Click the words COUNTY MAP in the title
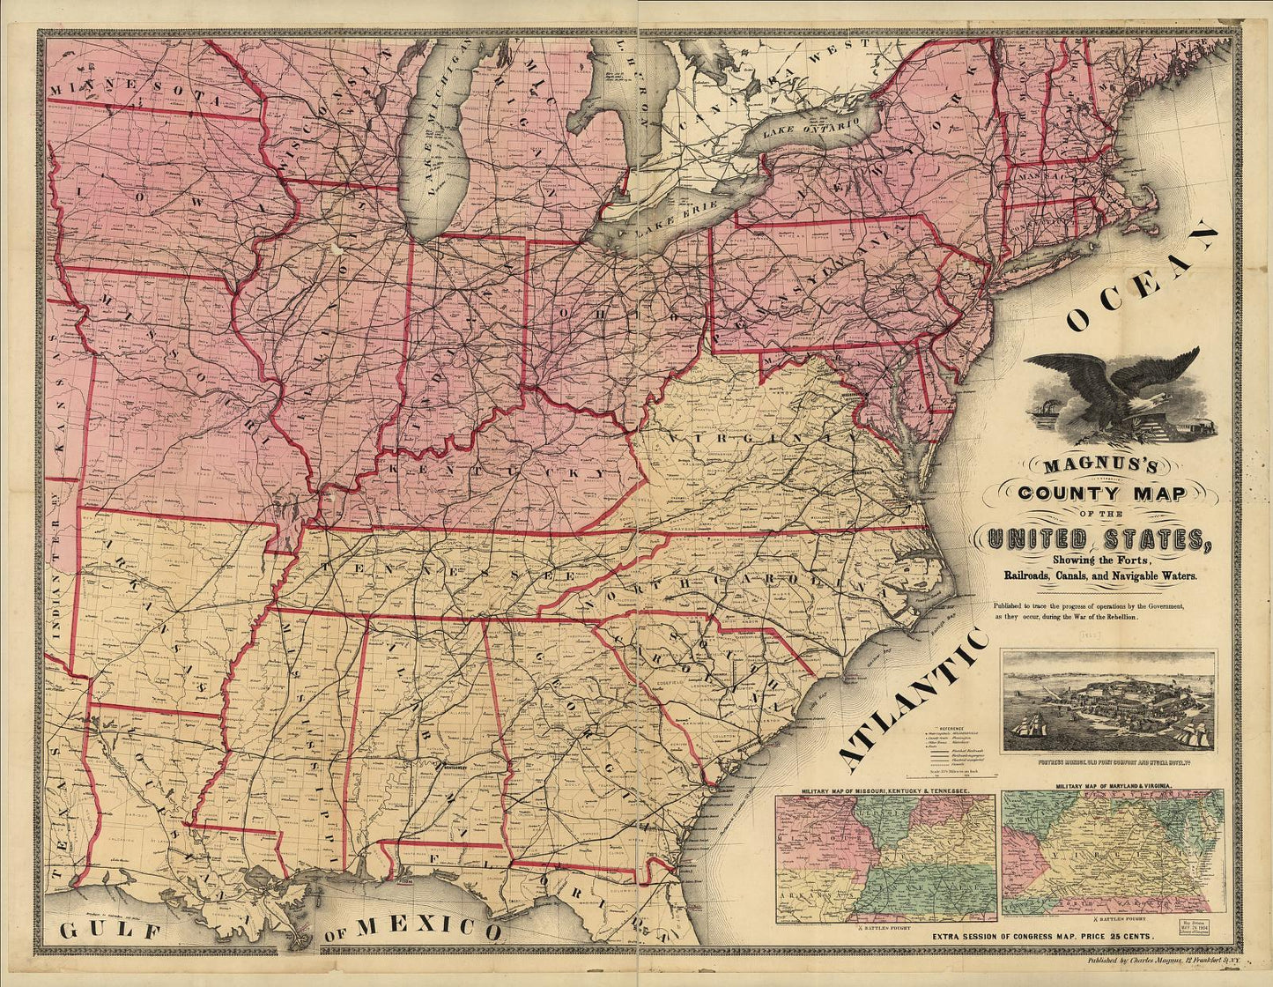pyautogui.click(x=1102, y=493)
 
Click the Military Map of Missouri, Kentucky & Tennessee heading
pyautogui.click(x=885, y=791)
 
